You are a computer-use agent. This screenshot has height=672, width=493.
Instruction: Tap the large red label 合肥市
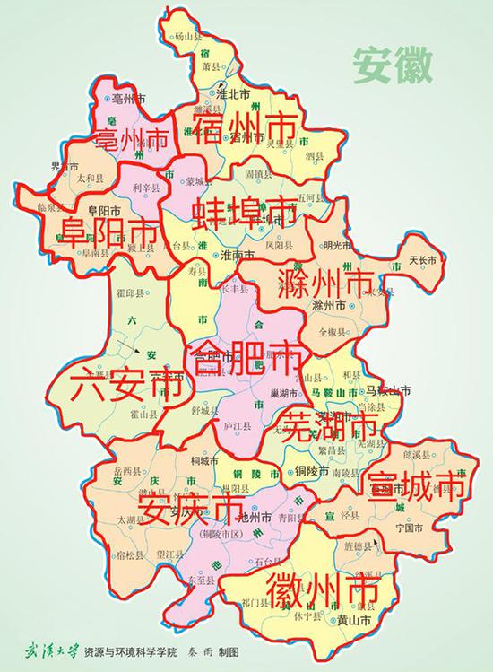pyautogui.click(x=239, y=358)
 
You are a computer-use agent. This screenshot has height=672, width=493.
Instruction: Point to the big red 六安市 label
pyautogui.click(x=120, y=387)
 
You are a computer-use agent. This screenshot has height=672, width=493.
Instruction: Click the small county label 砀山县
pyautogui.click(x=209, y=37)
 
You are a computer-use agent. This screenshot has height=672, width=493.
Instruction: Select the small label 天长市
pyautogui.click(x=421, y=260)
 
